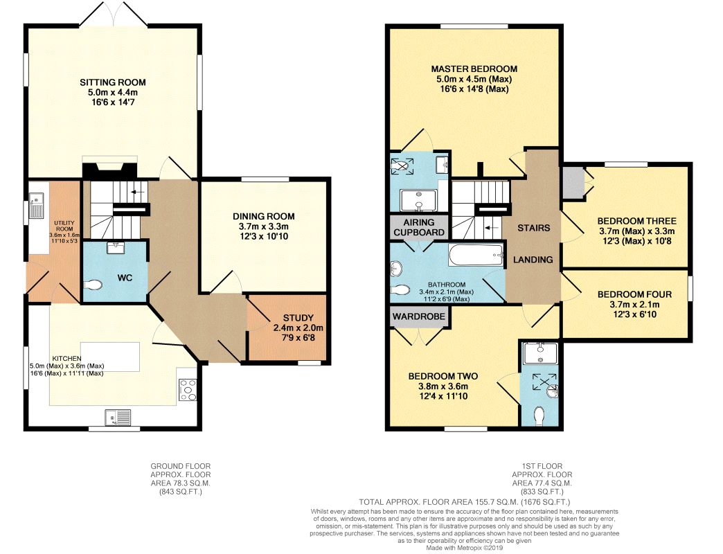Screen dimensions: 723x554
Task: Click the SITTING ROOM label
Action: (x=113, y=82)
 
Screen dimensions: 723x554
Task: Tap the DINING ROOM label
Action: (x=263, y=216)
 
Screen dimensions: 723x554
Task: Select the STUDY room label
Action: (x=298, y=318)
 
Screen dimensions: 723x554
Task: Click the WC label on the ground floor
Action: (x=125, y=278)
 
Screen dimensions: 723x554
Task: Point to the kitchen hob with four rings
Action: (x=187, y=391)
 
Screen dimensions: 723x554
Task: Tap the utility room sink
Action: (x=35, y=206)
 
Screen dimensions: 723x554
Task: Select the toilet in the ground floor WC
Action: (x=93, y=285)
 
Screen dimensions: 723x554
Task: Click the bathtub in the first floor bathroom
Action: (x=476, y=255)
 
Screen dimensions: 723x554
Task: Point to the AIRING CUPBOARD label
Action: (x=419, y=227)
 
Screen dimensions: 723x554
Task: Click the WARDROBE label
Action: (x=419, y=316)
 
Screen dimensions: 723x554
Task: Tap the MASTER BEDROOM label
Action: (x=474, y=69)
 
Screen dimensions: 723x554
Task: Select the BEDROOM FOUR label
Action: (x=634, y=294)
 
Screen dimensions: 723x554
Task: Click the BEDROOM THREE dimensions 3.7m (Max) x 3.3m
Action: (x=636, y=231)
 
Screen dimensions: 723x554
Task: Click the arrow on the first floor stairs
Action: (x=492, y=227)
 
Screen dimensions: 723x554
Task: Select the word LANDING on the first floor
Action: (x=533, y=260)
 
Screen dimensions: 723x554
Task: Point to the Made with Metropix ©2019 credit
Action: (x=464, y=548)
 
